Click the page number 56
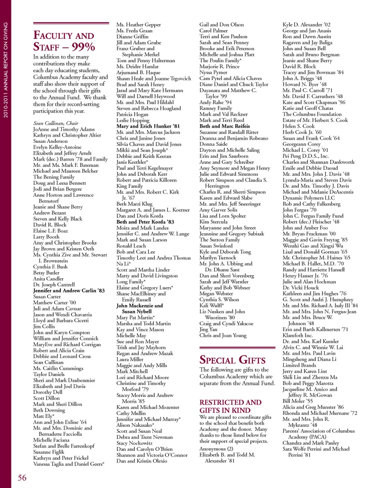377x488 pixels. pos(22,477)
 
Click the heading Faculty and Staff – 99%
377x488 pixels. pos(64,41)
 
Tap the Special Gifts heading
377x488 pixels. pos(232,360)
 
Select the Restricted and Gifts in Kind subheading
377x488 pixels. pos(231,406)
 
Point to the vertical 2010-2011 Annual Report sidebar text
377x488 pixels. pos(5,70)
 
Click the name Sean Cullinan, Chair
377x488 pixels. pos(56,123)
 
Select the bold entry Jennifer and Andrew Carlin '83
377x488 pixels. pos(69,291)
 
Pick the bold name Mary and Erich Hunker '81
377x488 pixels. pos(148,126)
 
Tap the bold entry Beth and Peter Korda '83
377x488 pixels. pos(145,222)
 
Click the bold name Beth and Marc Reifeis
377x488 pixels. pos(225,126)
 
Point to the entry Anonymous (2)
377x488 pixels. pos(216,449)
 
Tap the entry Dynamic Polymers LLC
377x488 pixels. pos(309,198)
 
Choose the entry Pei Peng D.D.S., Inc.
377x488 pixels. pos(306,156)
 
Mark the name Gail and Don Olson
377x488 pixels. pos(221,24)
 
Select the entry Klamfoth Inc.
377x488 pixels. pos(298,335)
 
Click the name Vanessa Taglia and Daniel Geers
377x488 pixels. pos(69,464)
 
